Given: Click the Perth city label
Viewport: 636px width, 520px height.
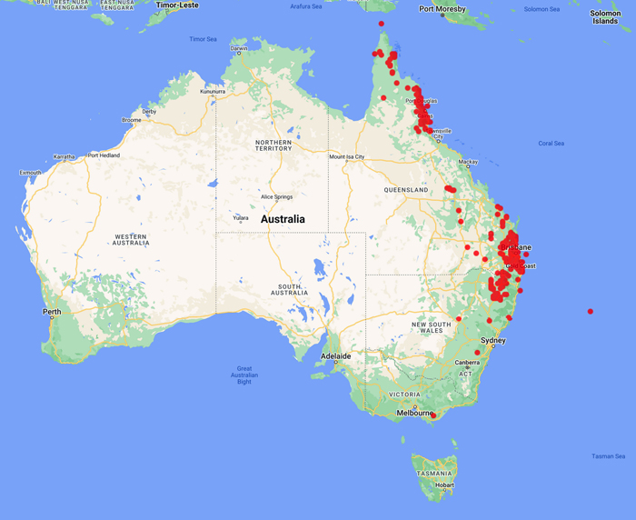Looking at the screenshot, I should click(52, 312).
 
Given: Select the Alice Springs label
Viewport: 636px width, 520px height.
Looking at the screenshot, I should click(276, 197).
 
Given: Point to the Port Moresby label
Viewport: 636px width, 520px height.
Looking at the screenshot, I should click(442, 9).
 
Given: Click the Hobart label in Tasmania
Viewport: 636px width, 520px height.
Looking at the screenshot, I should click(444, 485).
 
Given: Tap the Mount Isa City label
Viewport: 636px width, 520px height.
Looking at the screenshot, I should click(346, 156).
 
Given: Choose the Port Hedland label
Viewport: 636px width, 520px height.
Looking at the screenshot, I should click(104, 155).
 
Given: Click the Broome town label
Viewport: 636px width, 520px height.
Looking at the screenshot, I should click(132, 120).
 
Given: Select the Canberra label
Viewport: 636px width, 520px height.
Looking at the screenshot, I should click(468, 363).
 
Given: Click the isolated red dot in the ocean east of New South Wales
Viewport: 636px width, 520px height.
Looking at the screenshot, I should click(591, 312).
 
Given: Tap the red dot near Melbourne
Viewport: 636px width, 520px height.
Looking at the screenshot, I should click(433, 416).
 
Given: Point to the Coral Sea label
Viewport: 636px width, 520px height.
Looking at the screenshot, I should click(552, 144).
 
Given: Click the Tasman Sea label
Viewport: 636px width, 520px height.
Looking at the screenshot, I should click(608, 456).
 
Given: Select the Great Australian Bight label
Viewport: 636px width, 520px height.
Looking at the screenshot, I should click(244, 375).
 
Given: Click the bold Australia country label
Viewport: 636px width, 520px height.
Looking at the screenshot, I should click(283, 219).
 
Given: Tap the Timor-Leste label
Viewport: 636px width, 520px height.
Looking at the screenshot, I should click(177, 5).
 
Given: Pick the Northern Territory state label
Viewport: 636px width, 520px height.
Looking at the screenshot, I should click(273, 145).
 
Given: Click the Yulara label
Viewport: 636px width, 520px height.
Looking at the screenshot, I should click(241, 218).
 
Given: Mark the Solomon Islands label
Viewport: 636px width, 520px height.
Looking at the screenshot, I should click(606, 17).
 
